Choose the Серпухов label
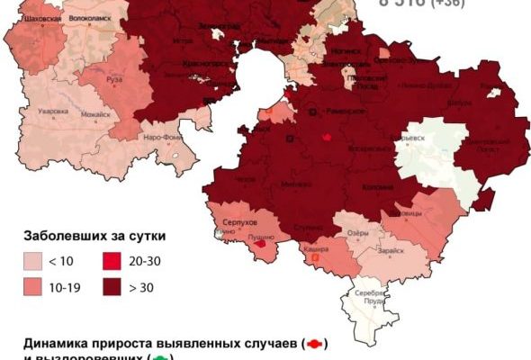(245, 221)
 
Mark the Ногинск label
(344, 54)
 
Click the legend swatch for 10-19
(35, 288)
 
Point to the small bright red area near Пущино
(261, 243)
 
